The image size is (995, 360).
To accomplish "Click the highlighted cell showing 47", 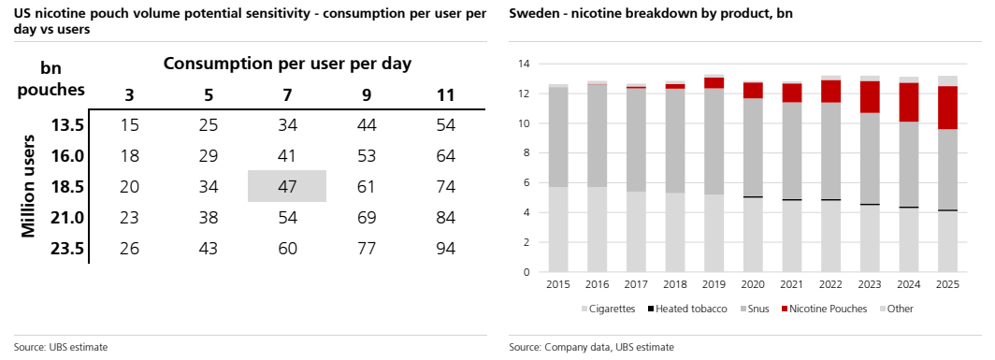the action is (287, 187).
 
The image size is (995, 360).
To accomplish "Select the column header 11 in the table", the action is (445, 96).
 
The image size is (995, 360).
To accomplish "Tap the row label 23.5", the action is (68, 249).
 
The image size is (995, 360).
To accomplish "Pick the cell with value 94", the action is (445, 249).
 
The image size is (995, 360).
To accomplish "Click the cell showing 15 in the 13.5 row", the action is (129, 125).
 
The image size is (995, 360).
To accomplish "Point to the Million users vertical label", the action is (28, 186).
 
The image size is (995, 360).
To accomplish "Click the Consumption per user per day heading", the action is (287, 64).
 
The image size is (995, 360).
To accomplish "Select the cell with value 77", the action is (367, 249).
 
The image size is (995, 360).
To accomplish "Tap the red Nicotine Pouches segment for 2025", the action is (947, 108).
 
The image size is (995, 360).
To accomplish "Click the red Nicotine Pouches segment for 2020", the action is (753, 91).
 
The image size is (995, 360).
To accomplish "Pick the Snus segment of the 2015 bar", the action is (558, 137).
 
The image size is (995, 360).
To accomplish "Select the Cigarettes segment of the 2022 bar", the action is (831, 237).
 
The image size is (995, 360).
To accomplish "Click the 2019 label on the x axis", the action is (714, 284).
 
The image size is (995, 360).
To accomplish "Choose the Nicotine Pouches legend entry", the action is (823, 309).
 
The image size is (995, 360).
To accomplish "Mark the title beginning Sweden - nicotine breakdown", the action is (651, 15).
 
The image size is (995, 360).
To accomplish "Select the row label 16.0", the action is (68, 156).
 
